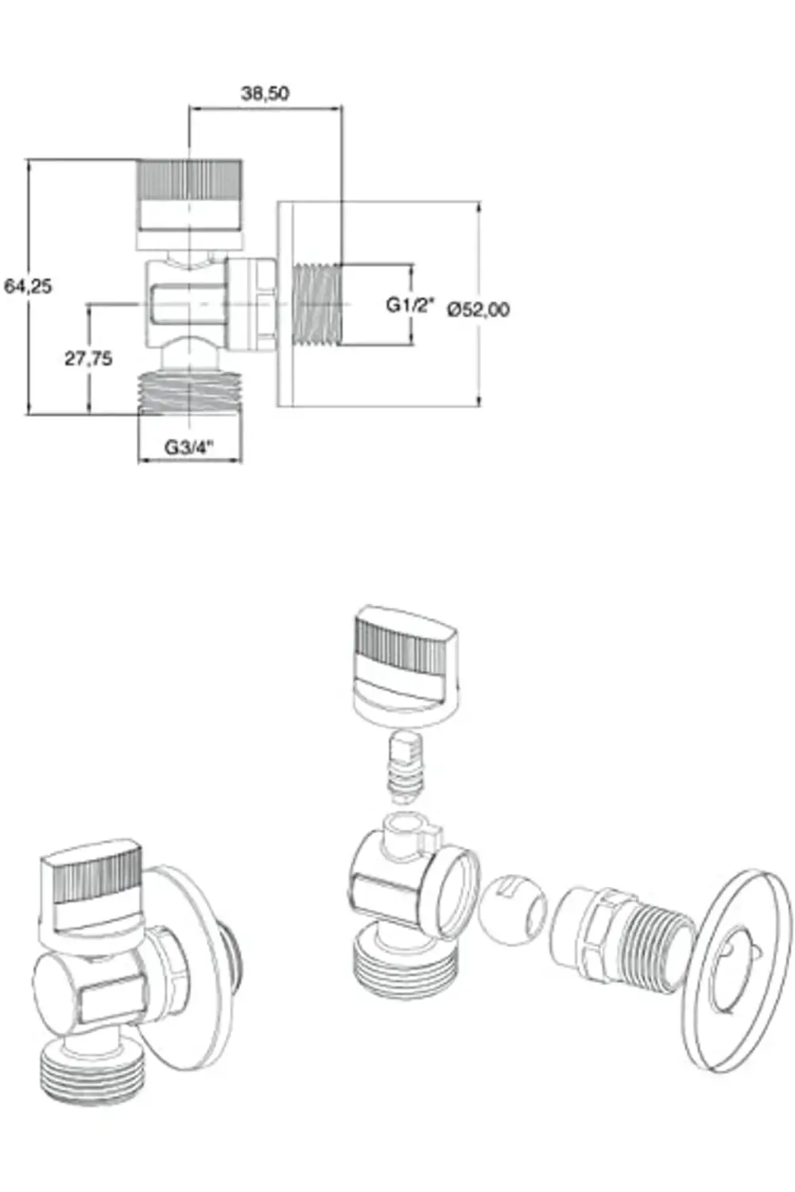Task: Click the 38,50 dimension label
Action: click(265, 93)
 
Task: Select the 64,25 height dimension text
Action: click(28, 286)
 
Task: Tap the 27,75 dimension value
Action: click(88, 358)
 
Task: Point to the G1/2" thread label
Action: click(410, 305)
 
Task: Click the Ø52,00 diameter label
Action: click(478, 309)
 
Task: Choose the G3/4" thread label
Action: click(189, 447)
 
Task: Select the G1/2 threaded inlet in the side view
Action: click(317, 305)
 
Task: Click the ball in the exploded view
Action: click(512, 909)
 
